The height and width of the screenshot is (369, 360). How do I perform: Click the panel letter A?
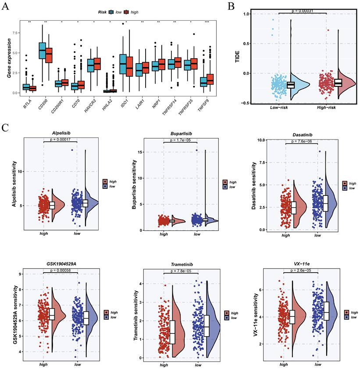(x=5, y=6)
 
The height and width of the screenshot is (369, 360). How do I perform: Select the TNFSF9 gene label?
(x=203, y=105)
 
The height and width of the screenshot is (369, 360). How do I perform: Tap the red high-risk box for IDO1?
(x=129, y=66)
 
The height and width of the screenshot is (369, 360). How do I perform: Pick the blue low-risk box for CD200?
(x=42, y=50)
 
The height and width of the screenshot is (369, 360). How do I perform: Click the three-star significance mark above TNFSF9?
(x=207, y=22)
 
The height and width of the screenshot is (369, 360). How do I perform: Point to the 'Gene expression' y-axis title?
(x=9, y=58)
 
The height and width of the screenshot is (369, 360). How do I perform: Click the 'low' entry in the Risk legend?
(x=118, y=12)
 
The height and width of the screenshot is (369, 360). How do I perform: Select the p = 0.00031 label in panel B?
(x=302, y=11)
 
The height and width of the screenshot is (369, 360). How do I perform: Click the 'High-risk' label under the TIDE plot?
(x=326, y=107)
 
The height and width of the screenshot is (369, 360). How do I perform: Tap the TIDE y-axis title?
(x=237, y=57)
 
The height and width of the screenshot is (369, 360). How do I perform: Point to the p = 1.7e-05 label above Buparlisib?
(x=180, y=140)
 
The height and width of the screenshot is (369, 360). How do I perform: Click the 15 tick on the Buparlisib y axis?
(x=139, y=152)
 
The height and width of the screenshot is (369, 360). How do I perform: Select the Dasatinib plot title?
(x=302, y=135)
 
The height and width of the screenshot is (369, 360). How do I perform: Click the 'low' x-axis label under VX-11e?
(x=318, y=365)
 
